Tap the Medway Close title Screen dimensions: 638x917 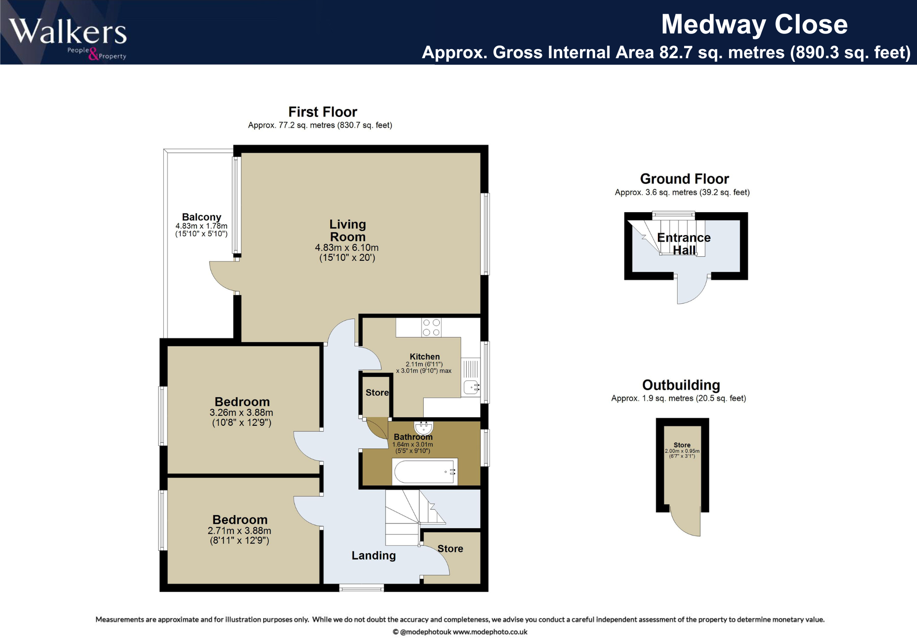pyautogui.click(x=754, y=24)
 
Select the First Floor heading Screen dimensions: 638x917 pyautogui.click(x=322, y=112)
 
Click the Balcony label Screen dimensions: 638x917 pyautogui.click(x=201, y=217)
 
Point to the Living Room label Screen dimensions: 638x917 pyautogui.click(x=348, y=231)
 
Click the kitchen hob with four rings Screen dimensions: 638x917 pyautogui.click(x=431, y=327)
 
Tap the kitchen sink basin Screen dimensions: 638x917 pyautogui.click(x=471, y=388)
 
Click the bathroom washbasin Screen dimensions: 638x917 pyautogui.click(x=423, y=427)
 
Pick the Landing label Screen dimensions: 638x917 pyautogui.click(x=373, y=555)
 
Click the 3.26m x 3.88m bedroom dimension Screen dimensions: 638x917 pyautogui.click(x=241, y=412)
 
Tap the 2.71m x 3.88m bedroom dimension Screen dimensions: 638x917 pyautogui.click(x=239, y=531)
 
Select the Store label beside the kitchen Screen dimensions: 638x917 pyautogui.click(x=377, y=393)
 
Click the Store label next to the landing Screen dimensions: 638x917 pyautogui.click(x=450, y=549)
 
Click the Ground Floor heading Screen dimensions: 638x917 pyautogui.click(x=684, y=179)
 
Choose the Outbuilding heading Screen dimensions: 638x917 pyautogui.click(x=681, y=385)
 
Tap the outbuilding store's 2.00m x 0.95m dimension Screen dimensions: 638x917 pyautogui.click(x=682, y=451)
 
